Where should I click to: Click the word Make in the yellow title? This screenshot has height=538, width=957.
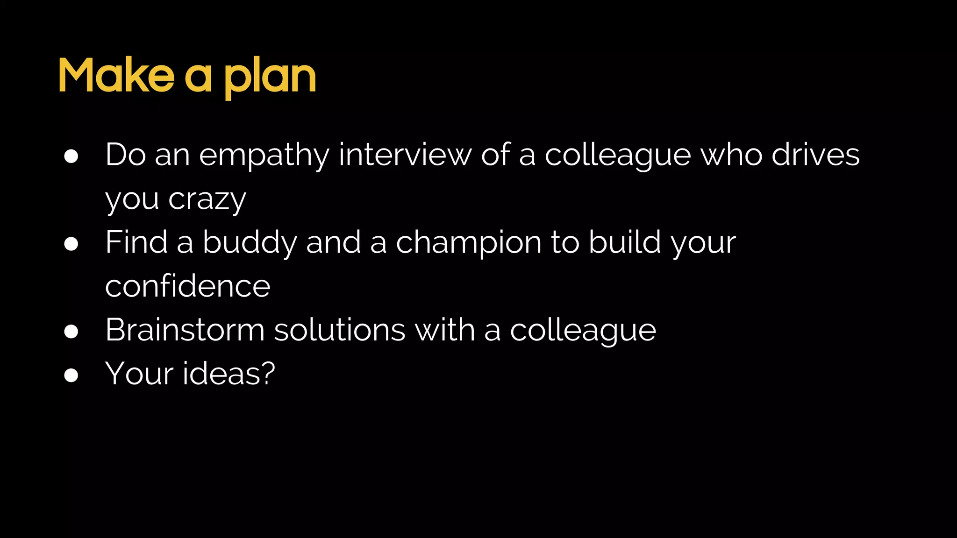116,76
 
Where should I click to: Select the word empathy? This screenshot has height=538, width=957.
264,156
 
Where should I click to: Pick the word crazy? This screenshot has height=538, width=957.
207,200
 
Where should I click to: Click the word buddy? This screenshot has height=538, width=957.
250,243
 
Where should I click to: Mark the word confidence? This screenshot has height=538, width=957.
188,286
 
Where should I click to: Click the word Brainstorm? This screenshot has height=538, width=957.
185,330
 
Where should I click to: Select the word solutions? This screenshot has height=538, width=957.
339,330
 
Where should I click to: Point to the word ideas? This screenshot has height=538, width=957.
229,374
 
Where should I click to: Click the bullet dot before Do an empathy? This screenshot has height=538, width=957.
71,156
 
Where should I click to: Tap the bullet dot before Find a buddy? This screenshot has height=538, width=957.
71,244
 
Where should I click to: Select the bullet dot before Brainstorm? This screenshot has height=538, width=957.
71,332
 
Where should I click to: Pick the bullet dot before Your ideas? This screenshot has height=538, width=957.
71,375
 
